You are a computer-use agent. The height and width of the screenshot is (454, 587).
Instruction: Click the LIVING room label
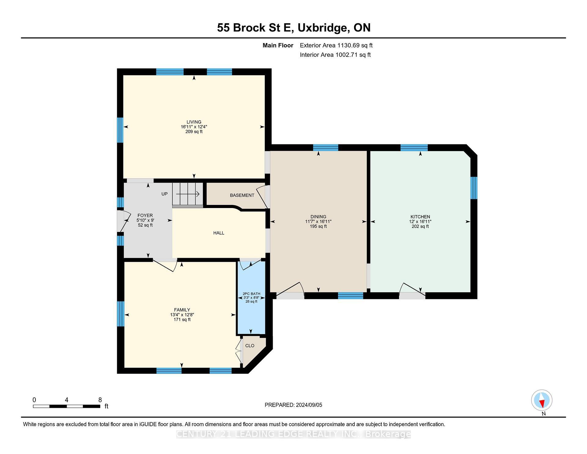[194, 122]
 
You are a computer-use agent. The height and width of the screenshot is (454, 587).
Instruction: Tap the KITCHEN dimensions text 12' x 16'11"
[420, 221]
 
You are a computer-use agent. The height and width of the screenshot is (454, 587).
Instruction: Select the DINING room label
[318, 217]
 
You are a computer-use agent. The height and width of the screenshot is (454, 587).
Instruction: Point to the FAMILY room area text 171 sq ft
[182, 319]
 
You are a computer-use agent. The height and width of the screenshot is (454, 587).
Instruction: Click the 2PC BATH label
[251, 294]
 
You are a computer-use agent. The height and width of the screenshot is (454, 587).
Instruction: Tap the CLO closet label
[250, 345]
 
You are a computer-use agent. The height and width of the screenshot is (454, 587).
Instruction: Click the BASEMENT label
[242, 195]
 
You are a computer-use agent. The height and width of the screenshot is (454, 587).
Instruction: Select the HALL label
[219, 233]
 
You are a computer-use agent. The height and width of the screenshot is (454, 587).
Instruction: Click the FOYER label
[145, 215]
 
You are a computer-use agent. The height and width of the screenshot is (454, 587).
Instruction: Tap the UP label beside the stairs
[164, 194]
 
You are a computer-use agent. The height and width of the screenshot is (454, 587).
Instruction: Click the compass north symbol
[542, 400]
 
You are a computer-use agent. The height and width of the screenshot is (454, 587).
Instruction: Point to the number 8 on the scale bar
[100, 400]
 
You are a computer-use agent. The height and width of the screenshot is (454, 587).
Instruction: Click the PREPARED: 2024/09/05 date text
[293, 405]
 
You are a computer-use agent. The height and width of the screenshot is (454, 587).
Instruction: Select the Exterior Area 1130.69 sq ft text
[336, 45]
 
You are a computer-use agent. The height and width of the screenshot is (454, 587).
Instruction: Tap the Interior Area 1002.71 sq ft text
[335, 55]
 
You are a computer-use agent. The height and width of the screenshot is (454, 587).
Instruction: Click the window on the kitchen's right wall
[474, 188]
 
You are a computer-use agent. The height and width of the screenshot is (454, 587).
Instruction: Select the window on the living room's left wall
[120, 130]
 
